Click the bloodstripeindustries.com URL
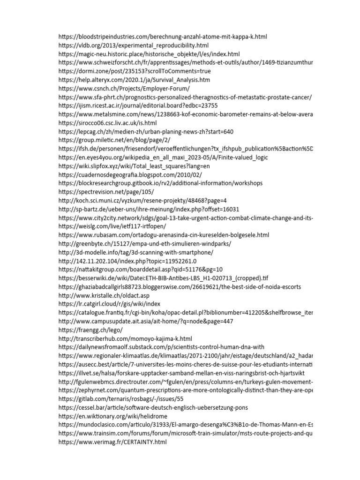163,37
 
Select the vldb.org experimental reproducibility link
134,45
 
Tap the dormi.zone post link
135,71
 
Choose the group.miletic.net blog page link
114,140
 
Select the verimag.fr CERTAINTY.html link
112,442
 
